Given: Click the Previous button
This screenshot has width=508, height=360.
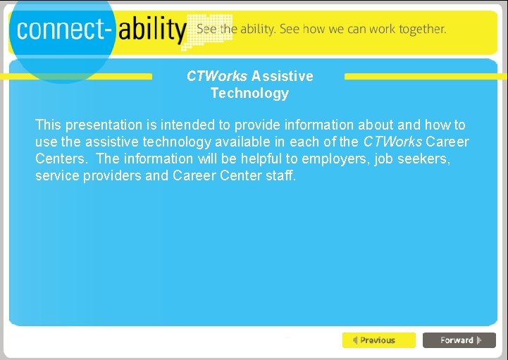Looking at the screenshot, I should [378, 340].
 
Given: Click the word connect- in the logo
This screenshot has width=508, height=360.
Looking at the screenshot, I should [63, 29].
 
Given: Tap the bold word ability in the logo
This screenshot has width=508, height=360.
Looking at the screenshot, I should [151, 29].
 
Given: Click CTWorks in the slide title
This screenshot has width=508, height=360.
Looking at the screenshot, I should [217, 76].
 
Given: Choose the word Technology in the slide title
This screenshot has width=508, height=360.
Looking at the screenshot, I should [249, 93].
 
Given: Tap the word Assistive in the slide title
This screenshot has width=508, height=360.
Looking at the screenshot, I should [282, 76].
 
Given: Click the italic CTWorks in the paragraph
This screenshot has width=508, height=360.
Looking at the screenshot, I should [392, 142].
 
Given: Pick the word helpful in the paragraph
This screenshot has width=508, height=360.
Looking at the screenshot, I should [256, 159].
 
